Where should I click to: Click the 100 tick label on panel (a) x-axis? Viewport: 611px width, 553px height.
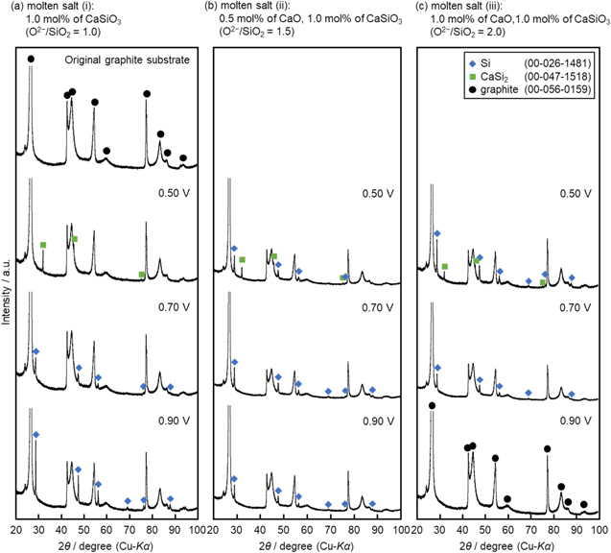pyautogui.click(x=196, y=529)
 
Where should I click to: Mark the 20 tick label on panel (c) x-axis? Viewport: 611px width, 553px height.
pyautogui.click(x=418, y=529)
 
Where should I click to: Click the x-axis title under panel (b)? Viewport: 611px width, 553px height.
pyautogui.click(x=308, y=545)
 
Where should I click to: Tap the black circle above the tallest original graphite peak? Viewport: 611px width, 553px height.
pyautogui.click(x=31, y=60)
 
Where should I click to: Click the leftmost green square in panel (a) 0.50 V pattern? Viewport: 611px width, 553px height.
pyautogui.click(x=43, y=246)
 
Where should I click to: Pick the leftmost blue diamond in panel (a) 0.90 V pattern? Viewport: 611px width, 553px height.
pyautogui.click(x=36, y=435)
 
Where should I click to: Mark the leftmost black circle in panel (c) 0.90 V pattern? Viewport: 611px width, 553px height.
pyautogui.click(x=432, y=406)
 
